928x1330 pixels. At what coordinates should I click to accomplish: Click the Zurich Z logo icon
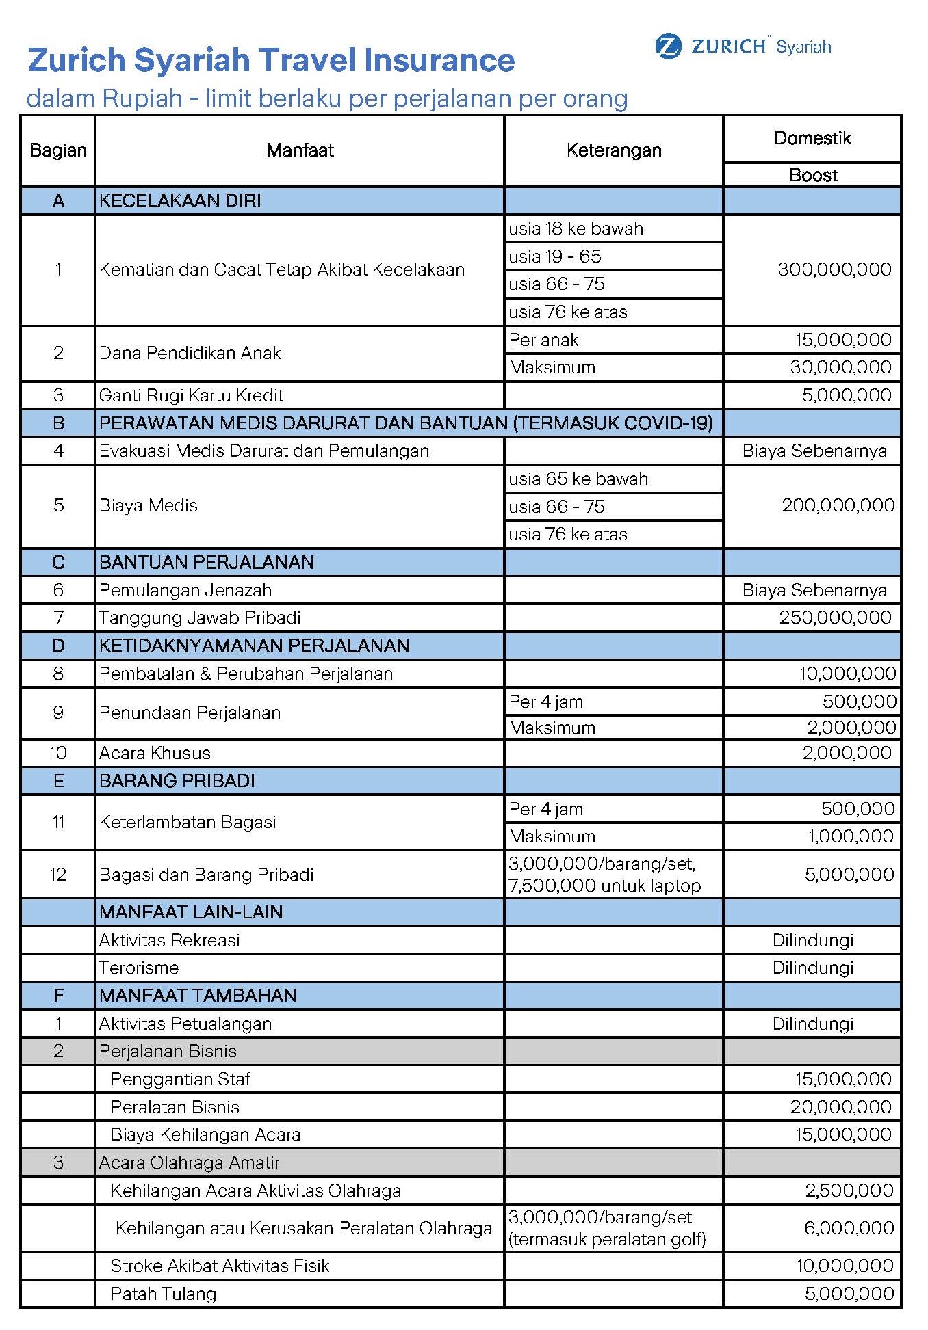click(668, 46)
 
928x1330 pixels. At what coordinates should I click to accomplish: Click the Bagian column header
click(58, 150)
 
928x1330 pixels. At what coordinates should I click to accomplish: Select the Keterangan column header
click(614, 150)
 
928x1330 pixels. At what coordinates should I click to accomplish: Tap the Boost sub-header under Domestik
click(813, 175)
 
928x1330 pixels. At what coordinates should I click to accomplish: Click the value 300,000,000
click(834, 269)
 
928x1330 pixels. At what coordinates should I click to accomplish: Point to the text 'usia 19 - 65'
click(555, 256)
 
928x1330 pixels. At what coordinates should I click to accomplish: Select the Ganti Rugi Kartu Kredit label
click(191, 395)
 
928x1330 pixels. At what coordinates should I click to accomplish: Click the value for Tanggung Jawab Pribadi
click(835, 617)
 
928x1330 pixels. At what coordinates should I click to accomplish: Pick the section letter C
click(58, 562)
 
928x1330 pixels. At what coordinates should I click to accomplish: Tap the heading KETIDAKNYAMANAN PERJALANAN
click(254, 646)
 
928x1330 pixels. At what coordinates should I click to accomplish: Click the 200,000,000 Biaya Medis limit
click(838, 505)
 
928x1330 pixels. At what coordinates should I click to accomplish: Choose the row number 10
click(58, 753)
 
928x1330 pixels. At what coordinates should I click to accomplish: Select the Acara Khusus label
click(155, 753)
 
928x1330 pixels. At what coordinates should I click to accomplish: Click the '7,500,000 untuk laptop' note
click(604, 886)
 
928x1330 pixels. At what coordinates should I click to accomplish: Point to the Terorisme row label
click(139, 968)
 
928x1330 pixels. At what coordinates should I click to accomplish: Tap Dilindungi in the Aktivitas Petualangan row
click(813, 1024)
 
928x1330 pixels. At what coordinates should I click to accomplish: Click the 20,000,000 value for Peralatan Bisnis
click(840, 1107)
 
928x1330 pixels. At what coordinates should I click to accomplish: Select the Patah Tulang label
click(164, 1294)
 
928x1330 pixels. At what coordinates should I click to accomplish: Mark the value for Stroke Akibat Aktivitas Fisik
click(844, 1266)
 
